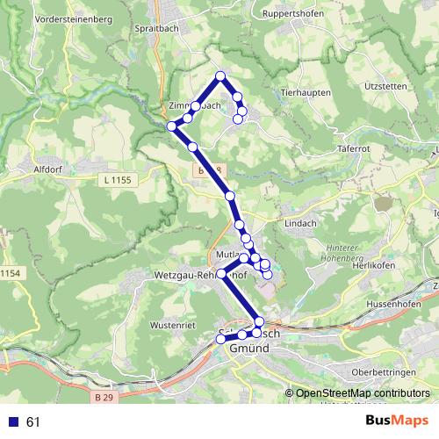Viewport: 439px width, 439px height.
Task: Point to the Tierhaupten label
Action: [305, 91]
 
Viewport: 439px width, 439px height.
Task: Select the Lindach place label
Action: [301, 224]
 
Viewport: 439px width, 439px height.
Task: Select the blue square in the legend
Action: [14, 422]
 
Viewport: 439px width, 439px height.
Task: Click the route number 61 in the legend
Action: [34, 422]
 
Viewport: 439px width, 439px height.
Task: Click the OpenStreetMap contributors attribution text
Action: [363, 393]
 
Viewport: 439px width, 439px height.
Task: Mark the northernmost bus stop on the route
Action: [220, 76]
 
